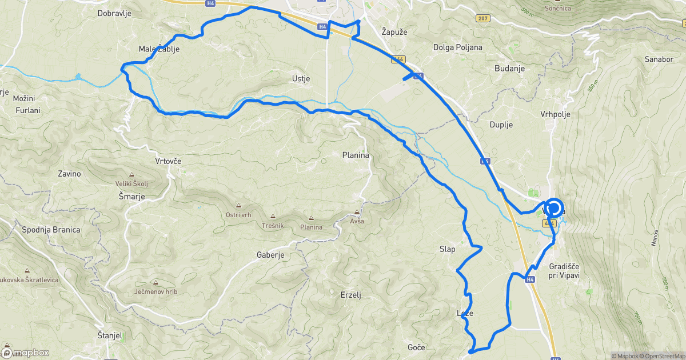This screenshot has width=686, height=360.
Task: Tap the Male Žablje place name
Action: tap(159, 49)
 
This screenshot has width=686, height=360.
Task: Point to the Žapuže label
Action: tap(394, 33)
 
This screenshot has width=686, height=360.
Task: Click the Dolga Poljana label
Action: tap(458, 47)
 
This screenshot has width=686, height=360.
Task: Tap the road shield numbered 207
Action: tap(482, 19)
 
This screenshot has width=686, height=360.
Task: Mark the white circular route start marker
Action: tap(553, 209)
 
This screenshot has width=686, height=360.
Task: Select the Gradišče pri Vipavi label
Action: tap(564, 271)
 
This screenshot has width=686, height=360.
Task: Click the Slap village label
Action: tap(447, 249)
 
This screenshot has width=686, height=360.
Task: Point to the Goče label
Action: tap(416, 347)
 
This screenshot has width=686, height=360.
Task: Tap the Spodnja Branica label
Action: tap(51, 230)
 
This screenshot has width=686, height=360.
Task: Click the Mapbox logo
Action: tap(26, 353)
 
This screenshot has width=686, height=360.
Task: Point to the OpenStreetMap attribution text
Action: tap(663, 356)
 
